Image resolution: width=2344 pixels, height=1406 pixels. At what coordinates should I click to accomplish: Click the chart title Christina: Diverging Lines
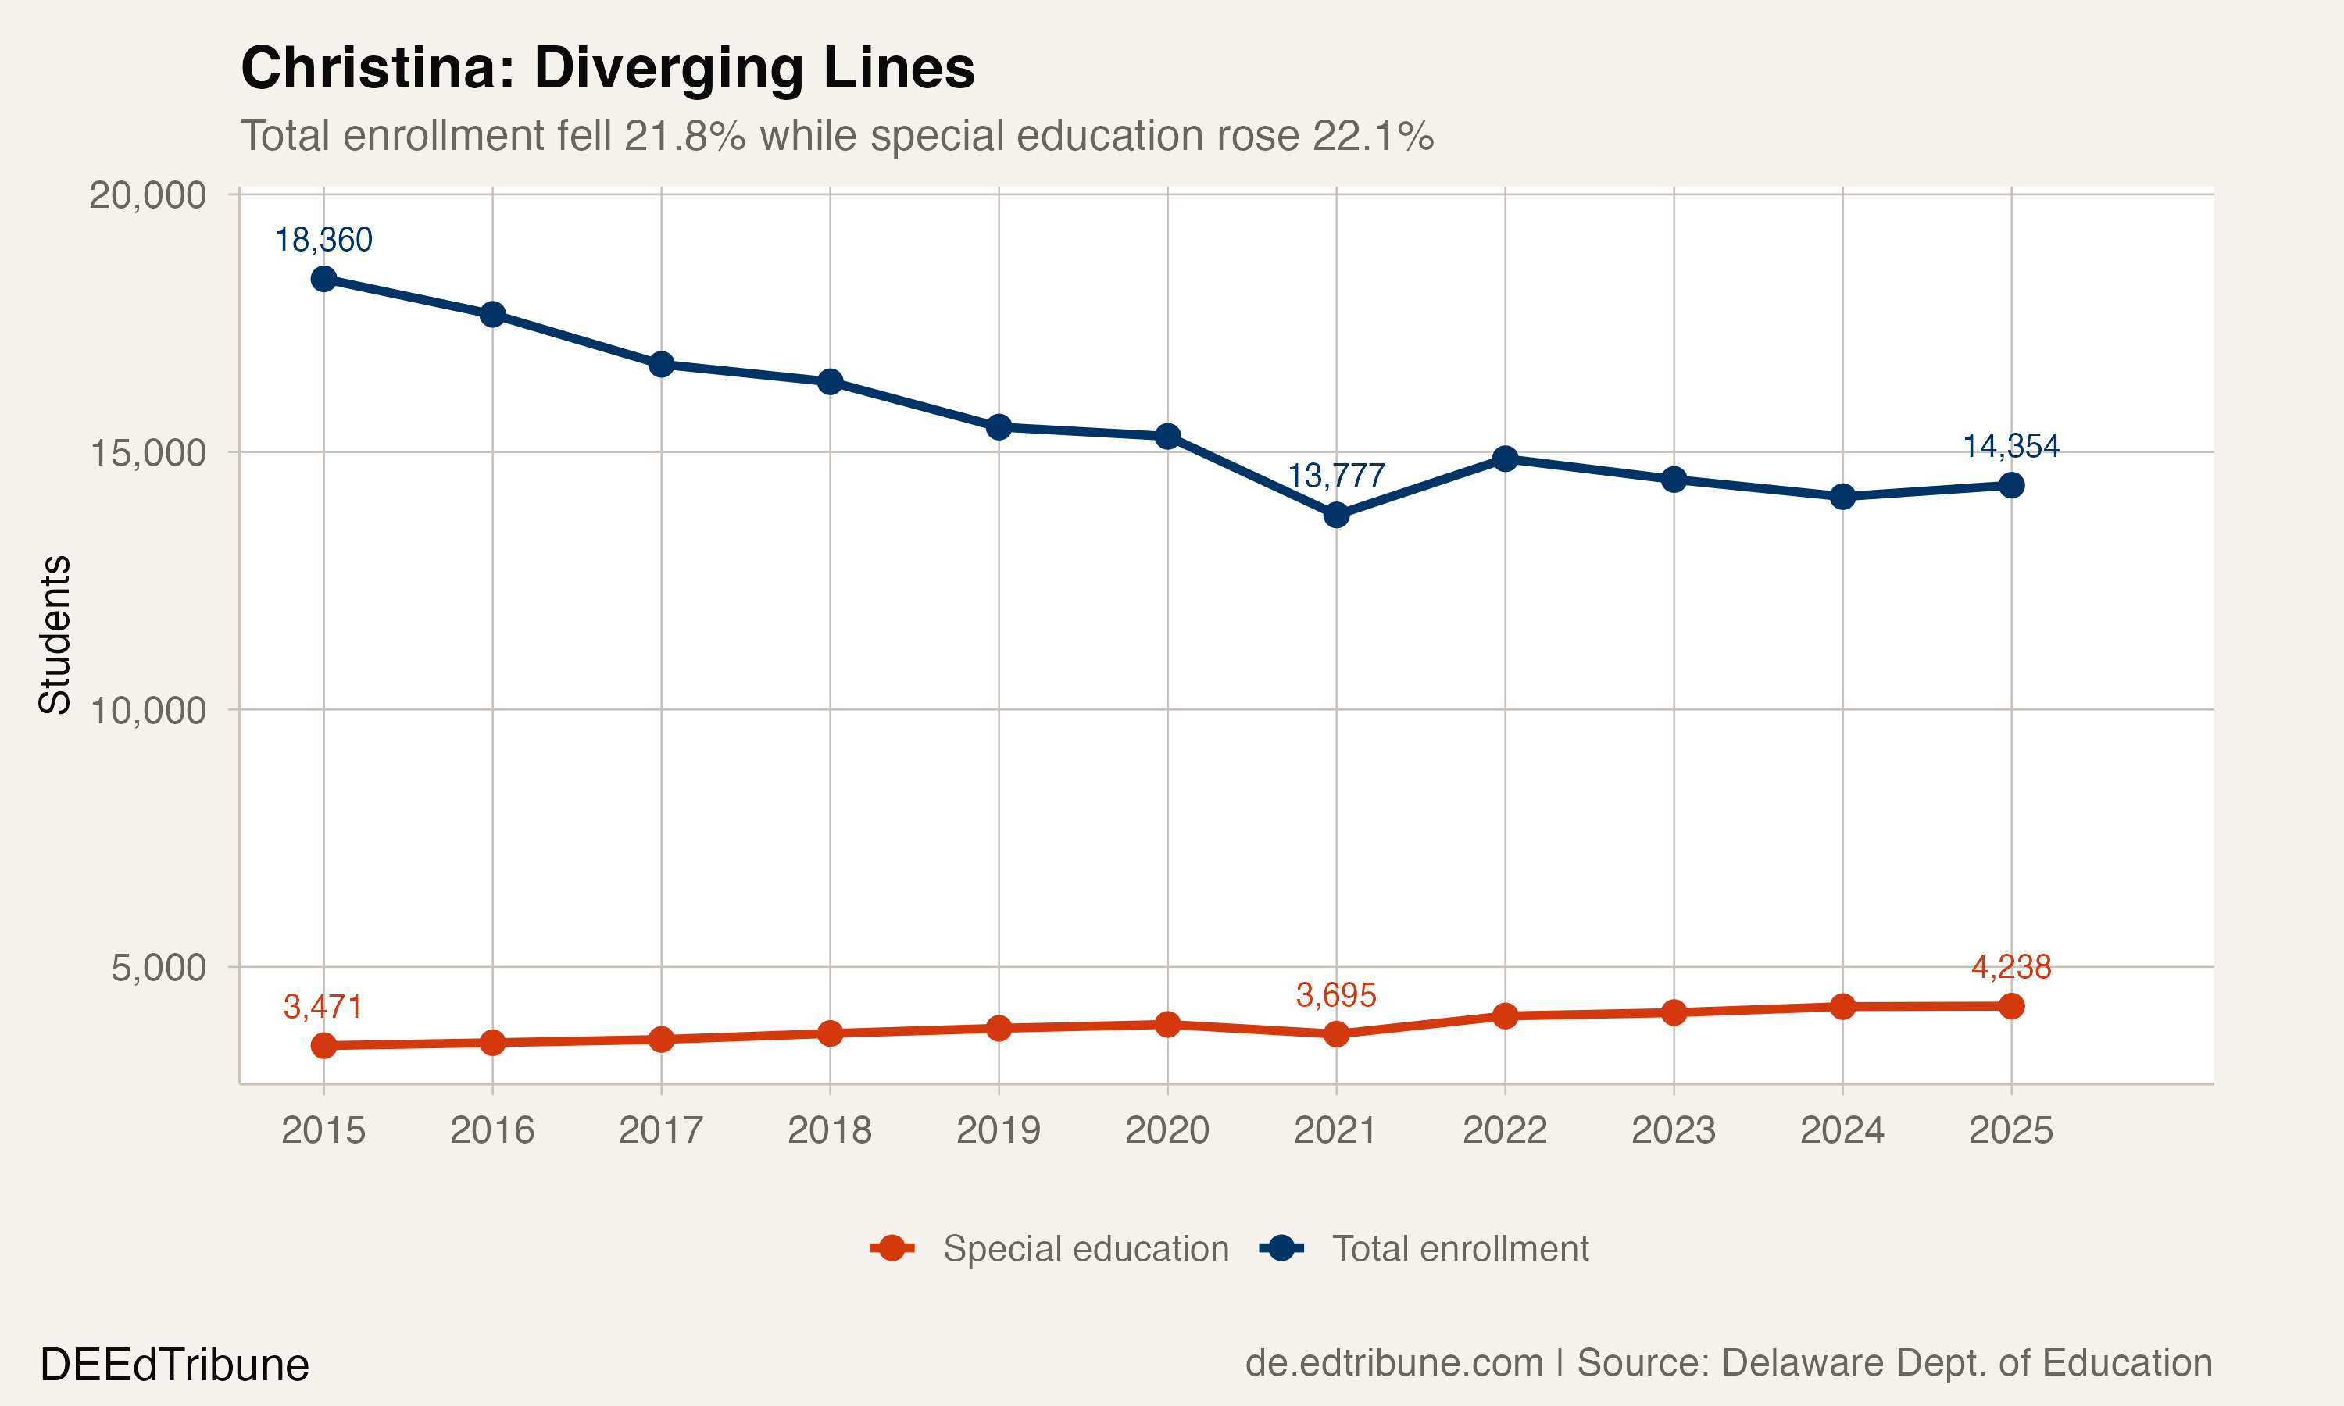(607, 68)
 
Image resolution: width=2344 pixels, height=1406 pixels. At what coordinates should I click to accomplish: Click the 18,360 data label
(323, 240)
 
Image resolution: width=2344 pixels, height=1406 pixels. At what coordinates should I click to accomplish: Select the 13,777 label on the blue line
(1335, 475)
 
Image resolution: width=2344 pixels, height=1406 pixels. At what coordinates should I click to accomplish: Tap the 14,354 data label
(2010, 445)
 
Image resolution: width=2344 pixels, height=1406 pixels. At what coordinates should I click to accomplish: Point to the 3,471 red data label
(323, 1006)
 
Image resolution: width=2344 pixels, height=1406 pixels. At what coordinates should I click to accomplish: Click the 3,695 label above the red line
(1335, 995)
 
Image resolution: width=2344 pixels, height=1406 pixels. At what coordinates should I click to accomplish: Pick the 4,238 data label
(2010, 966)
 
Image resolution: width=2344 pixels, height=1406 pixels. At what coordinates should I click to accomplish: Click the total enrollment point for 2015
(323, 279)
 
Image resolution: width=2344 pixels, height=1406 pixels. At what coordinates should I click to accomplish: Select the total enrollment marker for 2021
(1336, 515)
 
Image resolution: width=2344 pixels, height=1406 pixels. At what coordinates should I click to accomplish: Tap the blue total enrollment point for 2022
(1505, 459)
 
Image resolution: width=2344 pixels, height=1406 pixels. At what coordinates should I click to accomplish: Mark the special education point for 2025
(2010, 1006)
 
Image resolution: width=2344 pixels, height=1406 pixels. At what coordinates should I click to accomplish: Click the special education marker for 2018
(830, 1033)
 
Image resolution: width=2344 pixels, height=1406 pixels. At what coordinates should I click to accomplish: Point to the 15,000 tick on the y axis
(148, 453)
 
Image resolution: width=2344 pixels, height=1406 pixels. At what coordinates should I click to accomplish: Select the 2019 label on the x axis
(998, 1130)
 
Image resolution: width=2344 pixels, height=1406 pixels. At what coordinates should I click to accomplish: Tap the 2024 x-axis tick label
(1842, 1130)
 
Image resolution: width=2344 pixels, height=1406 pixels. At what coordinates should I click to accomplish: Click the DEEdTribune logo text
(174, 1365)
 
